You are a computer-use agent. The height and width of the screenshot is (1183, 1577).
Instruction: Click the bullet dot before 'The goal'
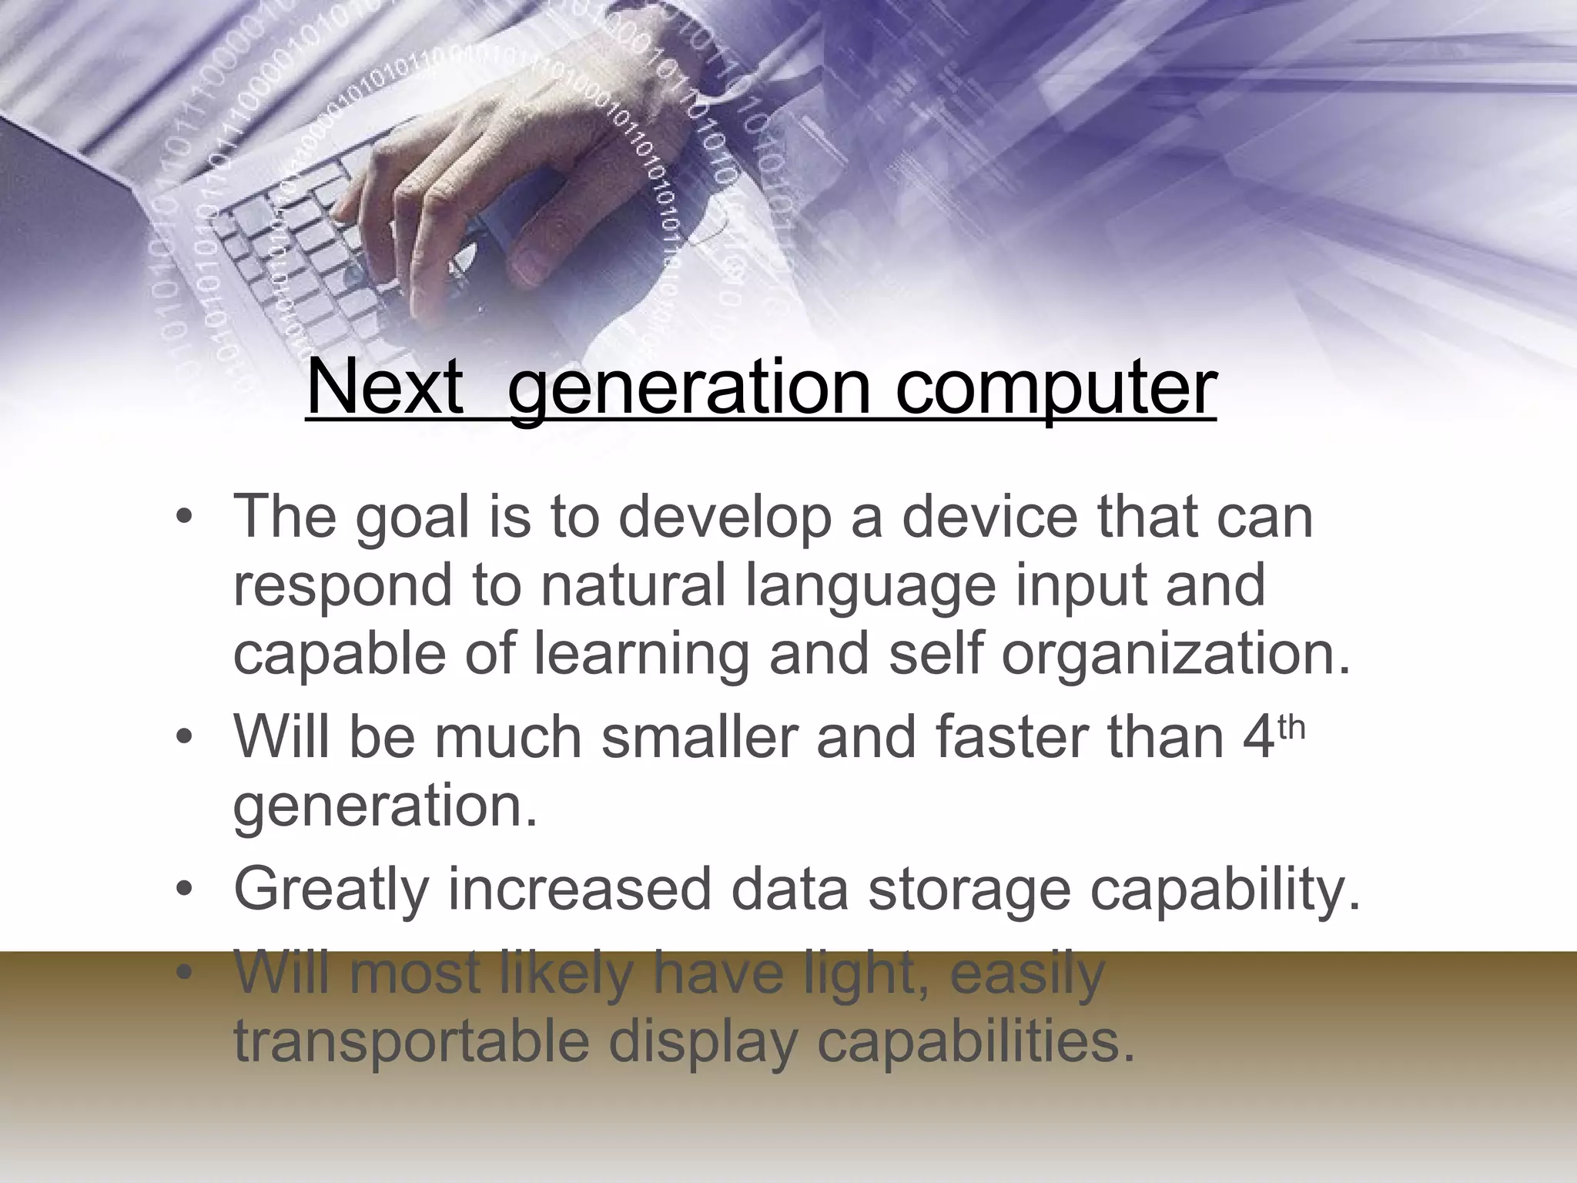pyautogui.click(x=182, y=518)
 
